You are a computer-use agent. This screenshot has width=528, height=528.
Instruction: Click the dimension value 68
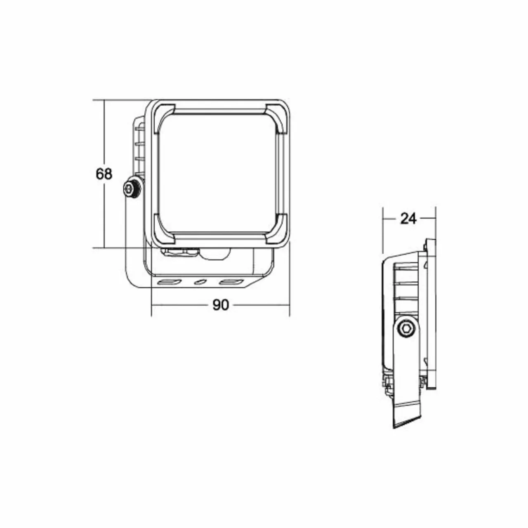pyautogui.click(x=104, y=174)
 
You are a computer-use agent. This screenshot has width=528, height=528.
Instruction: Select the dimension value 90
pyautogui.click(x=220, y=305)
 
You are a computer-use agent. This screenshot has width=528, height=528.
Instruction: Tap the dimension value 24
pyautogui.click(x=408, y=219)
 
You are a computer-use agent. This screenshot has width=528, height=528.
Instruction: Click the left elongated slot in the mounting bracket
pyautogui.click(x=170, y=282)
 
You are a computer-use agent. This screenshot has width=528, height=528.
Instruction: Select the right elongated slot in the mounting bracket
pyautogui.click(x=232, y=282)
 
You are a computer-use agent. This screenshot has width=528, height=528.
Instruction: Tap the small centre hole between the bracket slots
pyautogui.click(x=200, y=282)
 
